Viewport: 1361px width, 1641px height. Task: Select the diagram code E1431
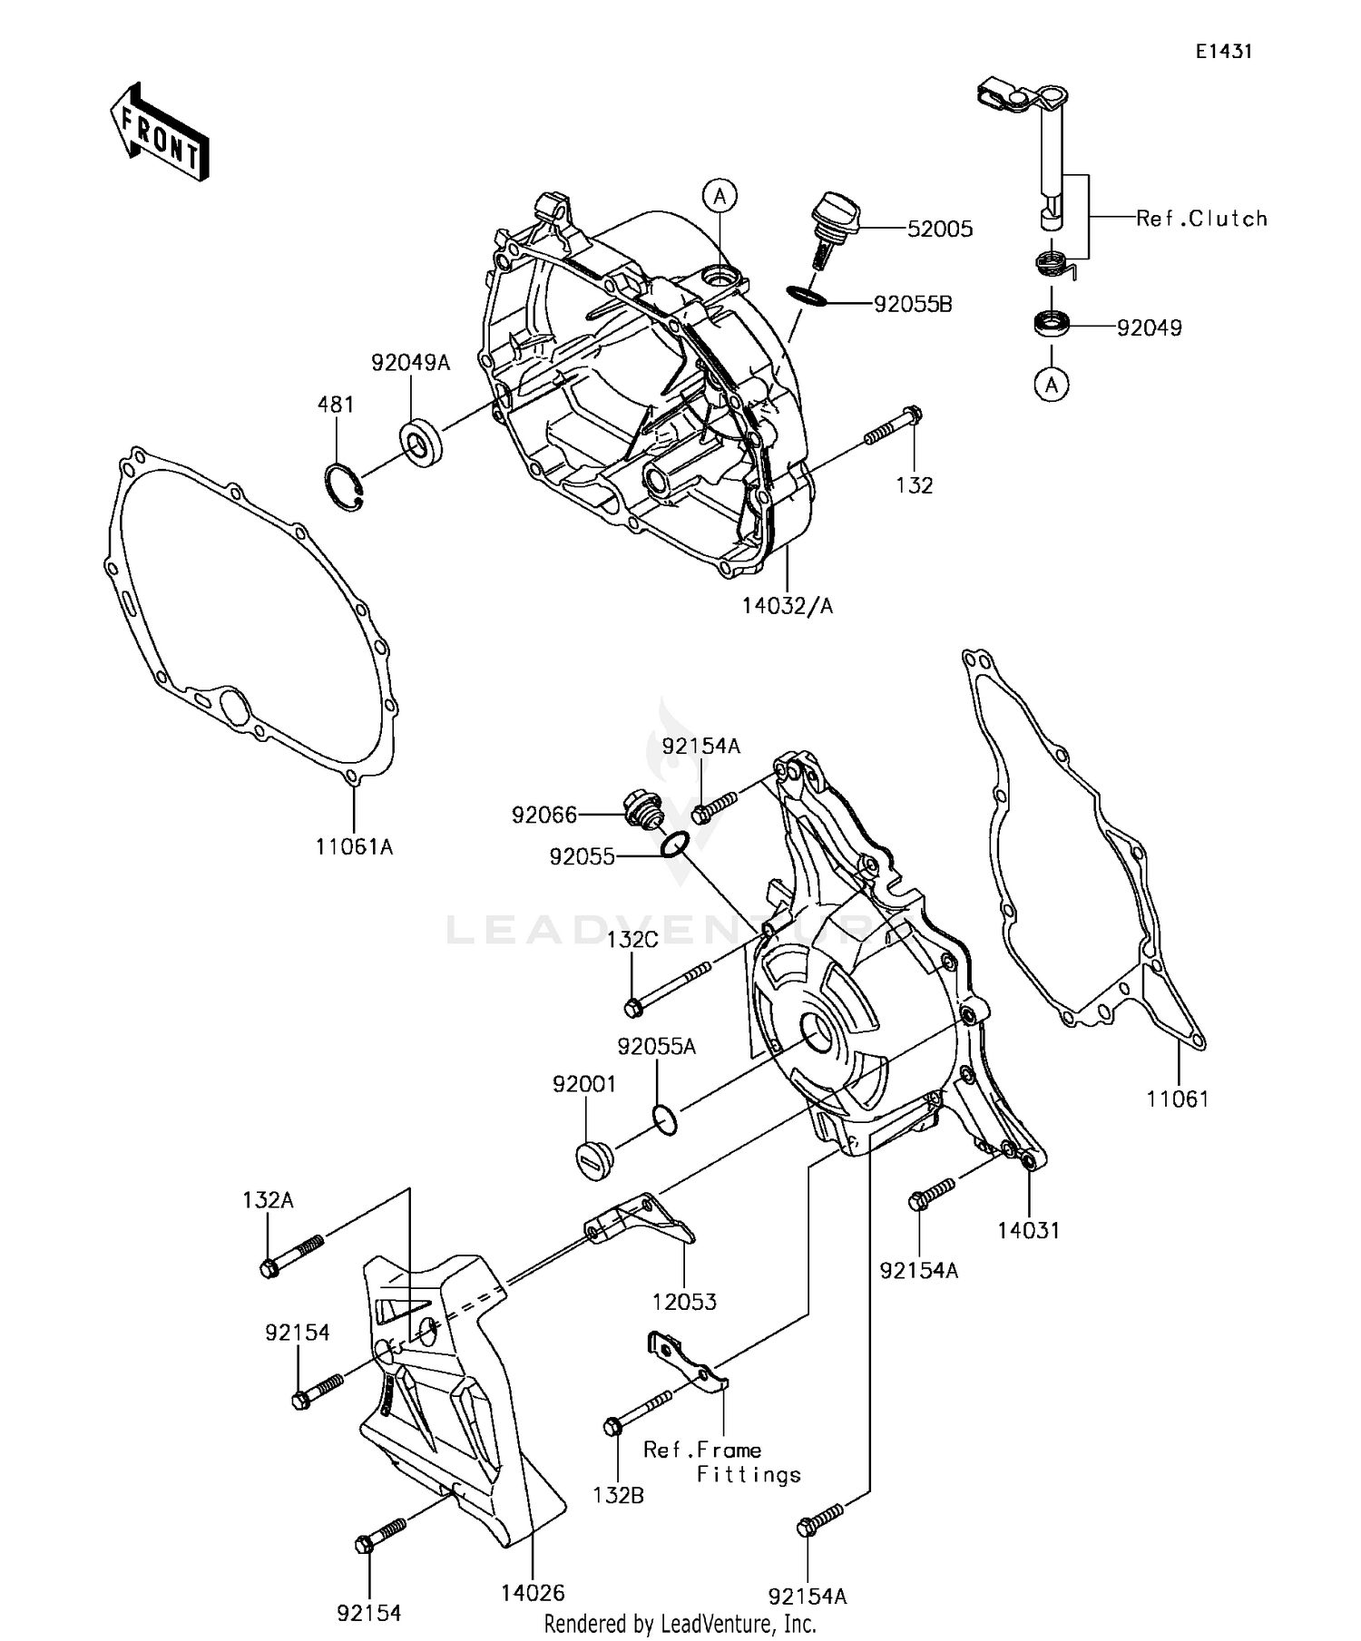click(x=1223, y=52)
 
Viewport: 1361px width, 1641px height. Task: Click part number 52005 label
click(x=940, y=230)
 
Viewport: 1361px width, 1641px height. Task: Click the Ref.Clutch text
click(x=1201, y=219)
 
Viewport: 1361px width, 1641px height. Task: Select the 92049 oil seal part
click(x=1053, y=323)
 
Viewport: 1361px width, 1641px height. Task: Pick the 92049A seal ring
click(x=420, y=443)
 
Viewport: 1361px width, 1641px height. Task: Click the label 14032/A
click(x=787, y=606)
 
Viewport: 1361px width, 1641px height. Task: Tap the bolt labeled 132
click(x=893, y=427)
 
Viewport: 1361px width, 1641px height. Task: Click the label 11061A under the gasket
click(x=354, y=847)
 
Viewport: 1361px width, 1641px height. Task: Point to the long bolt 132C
click(x=669, y=988)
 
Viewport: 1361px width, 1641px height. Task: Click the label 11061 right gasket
click(x=1177, y=1099)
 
